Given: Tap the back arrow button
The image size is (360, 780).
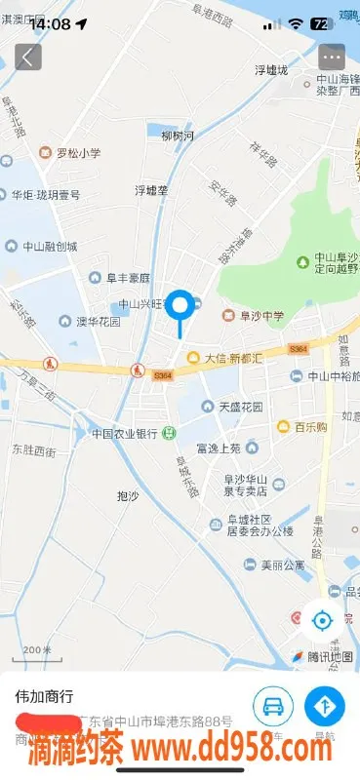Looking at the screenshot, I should click(28, 57).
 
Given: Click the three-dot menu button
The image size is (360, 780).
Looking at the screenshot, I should click(332, 57).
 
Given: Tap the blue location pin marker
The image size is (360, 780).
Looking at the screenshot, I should click(180, 306).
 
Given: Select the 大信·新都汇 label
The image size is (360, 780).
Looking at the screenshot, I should click(233, 358).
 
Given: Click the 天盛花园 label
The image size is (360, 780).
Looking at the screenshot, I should click(240, 406).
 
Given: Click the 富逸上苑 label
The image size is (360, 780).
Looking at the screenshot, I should click(218, 448).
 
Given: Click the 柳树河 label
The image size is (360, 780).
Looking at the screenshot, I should click(179, 135).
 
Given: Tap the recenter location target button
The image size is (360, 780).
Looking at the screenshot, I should click(322, 618).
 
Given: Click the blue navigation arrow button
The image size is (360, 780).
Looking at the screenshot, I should click(325, 706).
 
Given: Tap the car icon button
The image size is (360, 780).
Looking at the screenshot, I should click(274, 706).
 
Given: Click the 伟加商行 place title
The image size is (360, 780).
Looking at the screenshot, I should click(44, 697).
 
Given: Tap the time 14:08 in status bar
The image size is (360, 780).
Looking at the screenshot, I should click(51, 22).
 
